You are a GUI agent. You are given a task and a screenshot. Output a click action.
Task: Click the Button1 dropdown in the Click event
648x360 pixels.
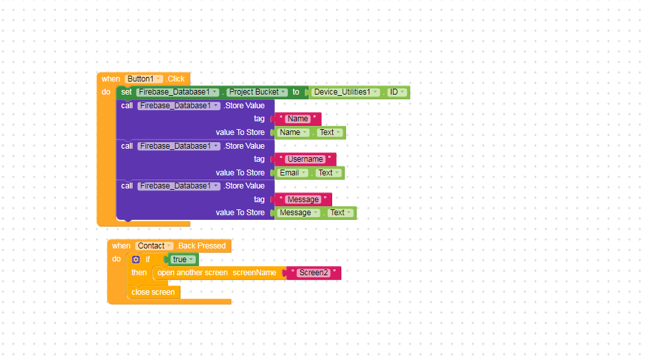[x=144, y=79]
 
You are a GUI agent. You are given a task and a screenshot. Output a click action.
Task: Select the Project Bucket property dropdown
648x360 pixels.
[x=257, y=92]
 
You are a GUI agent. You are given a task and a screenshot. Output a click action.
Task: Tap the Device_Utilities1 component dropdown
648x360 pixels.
[x=345, y=92]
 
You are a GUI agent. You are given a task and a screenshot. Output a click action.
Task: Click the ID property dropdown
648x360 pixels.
[x=397, y=92]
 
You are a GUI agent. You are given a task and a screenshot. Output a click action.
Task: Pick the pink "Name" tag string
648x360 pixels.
[x=298, y=119]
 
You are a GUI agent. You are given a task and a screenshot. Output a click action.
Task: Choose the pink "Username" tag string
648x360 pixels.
[x=305, y=159]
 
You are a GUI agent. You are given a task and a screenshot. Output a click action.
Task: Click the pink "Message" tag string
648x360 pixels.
[x=303, y=200]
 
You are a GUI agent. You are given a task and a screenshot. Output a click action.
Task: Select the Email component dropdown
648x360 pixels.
[x=292, y=173]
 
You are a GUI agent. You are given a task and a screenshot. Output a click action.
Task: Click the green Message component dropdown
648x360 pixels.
[x=299, y=213]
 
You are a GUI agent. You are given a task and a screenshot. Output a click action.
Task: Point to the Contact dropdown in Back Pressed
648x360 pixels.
[x=154, y=246]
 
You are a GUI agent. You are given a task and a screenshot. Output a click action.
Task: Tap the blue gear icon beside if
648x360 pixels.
[x=136, y=260]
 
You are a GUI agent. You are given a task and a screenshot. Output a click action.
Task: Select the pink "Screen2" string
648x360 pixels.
[x=314, y=273]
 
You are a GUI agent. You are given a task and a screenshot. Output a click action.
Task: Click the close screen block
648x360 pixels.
[x=153, y=292]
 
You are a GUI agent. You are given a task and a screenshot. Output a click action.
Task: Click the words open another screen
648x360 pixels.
[x=192, y=273]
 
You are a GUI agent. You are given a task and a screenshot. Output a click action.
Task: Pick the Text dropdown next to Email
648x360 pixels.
[x=328, y=173]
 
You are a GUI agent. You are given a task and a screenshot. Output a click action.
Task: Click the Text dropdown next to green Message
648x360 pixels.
[x=341, y=213]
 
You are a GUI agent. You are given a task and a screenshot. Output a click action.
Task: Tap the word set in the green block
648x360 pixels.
[x=127, y=92]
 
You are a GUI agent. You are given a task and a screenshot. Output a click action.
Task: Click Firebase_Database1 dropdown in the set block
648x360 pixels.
[x=177, y=92]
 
